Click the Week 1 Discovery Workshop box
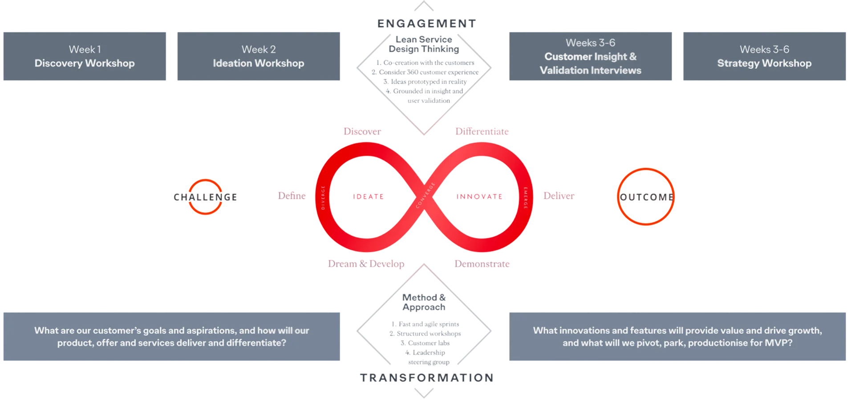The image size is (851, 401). click(x=84, y=56)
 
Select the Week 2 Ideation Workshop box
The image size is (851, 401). click(x=258, y=56)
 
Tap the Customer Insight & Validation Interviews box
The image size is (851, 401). click(x=590, y=56)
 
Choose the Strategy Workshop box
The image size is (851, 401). click(x=764, y=56)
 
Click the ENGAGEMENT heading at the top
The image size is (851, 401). click(x=426, y=23)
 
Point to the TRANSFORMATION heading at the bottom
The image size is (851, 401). click(x=426, y=378)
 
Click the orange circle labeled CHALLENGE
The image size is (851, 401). click(x=205, y=197)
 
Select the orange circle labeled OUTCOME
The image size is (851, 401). click(x=646, y=197)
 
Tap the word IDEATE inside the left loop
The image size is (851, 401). click(x=368, y=196)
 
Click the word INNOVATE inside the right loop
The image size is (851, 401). click(x=479, y=196)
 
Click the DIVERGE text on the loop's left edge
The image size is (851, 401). click(x=323, y=197)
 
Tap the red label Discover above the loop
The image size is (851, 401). click(x=362, y=131)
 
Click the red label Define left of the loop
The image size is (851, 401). click(x=292, y=195)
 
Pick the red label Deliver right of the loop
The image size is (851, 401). click(x=559, y=195)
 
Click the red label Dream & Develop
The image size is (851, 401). click(x=366, y=264)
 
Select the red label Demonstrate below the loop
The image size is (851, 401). click(x=482, y=264)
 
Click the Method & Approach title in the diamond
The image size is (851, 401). click(x=424, y=302)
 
